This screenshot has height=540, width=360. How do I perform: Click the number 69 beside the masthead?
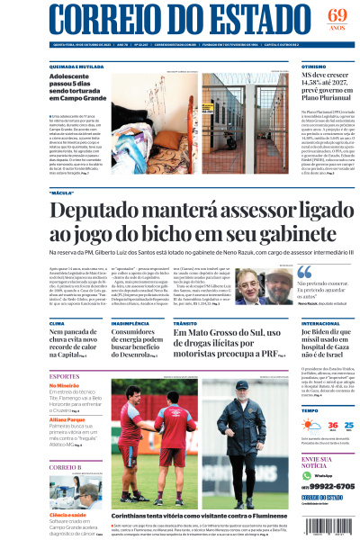click(336, 15)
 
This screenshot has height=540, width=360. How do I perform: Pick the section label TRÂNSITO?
click(184, 322)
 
